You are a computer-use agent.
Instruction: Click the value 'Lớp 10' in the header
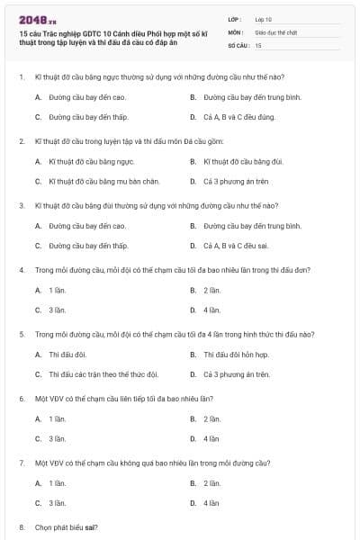click(x=264, y=18)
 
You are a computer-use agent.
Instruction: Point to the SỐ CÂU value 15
click(x=258, y=44)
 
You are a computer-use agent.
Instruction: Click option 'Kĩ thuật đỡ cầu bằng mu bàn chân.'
click(x=97, y=181)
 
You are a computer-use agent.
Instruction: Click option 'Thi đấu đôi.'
click(x=67, y=355)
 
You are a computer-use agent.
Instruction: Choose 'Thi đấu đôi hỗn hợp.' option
click(x=236, y=355)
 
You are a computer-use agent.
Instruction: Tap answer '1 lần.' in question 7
click(x=57, y=483)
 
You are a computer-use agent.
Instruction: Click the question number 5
click(x=21, y=334)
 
